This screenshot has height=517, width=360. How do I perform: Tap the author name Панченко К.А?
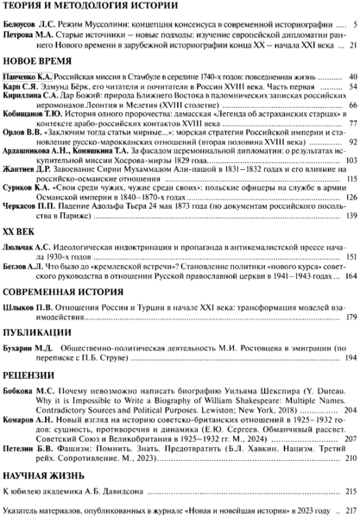(28, 78)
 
